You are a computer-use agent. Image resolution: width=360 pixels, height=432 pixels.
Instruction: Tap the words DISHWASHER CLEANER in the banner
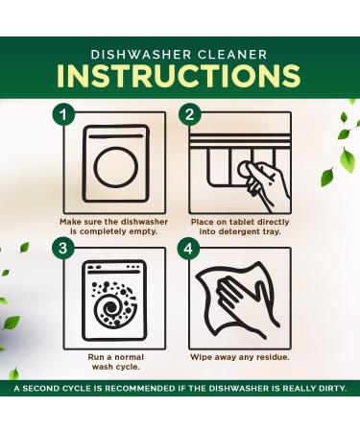[x=180, y=54]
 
